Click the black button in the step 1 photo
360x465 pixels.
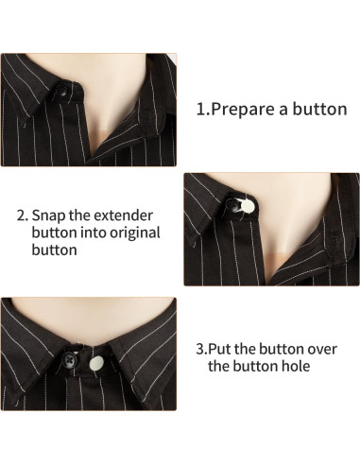point(61,92)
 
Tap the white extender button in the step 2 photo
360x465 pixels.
point(248,206)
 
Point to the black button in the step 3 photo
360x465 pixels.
point(71,357)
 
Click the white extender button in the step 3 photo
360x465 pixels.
point(96,364)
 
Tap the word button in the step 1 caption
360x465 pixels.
point(319,109)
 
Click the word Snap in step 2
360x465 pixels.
point(49,216)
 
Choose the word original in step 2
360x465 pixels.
point(135,233)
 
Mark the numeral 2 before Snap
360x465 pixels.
point(22,215)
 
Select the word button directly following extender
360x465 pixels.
point(54,232)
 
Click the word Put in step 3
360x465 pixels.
point(219,349)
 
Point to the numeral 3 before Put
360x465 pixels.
point(201,349)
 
